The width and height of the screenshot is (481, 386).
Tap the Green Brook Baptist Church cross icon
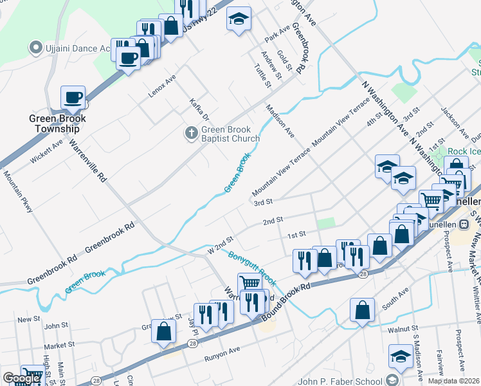[190, 133]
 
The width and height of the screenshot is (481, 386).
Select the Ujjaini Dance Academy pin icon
[36, 48]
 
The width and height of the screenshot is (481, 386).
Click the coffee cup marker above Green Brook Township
[73, 98]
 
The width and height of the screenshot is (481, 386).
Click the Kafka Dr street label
[199, 109]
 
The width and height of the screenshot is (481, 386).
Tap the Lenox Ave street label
[162, 86]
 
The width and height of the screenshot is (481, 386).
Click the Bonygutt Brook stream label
[252, 268]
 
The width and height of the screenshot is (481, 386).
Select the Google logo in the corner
[21, 378]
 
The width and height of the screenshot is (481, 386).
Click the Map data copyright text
[454, 381]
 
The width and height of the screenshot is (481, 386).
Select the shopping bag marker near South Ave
[363, 309]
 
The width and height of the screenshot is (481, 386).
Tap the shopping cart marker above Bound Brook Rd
[250, 283]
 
